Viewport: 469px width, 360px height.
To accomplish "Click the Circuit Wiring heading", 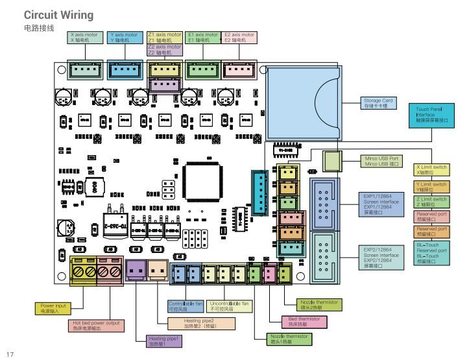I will tap(58, 15).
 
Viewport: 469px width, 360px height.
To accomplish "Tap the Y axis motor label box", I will tap(124, 37).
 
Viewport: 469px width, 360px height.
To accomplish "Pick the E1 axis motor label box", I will tap(202, 37).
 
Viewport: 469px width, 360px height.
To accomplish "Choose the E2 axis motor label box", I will tap(239, 37).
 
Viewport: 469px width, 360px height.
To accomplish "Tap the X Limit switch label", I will tap(431, 171).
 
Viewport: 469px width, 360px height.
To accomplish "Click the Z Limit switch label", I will tap(431, 202).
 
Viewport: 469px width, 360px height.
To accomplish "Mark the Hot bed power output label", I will tap(96, 326).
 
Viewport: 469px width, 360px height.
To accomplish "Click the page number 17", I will tap(10, 354).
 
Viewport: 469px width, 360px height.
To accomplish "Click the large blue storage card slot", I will tap(305, 104).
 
